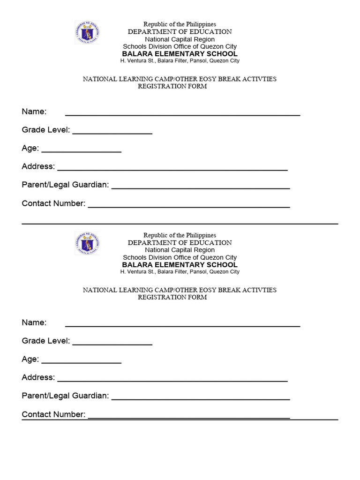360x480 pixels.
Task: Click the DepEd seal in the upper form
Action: [87, 32]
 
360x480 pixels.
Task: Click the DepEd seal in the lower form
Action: [87, 243]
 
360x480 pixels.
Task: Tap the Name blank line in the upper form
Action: [182, 112]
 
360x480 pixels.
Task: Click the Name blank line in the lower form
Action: [182, 323]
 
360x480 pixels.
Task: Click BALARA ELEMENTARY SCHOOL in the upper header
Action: [180, 54]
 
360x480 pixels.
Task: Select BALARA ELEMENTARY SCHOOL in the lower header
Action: [180, 265]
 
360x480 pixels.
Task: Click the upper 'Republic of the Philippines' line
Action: [180, 24]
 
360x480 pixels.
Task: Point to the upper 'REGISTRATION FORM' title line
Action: [172, 86]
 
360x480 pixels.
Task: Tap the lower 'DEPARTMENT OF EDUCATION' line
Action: [180, 242]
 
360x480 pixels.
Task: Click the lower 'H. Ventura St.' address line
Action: [180, 272]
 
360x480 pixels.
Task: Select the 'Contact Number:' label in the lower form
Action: [53, 414]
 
